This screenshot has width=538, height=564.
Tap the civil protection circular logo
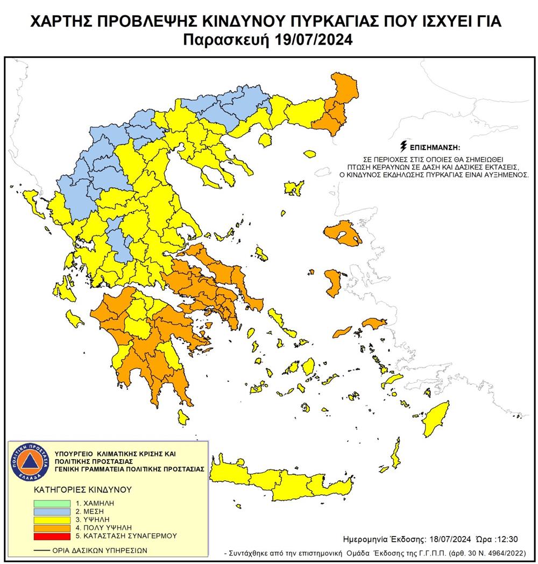(x=32, y=461)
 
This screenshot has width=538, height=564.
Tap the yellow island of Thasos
(x=264, y=140)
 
